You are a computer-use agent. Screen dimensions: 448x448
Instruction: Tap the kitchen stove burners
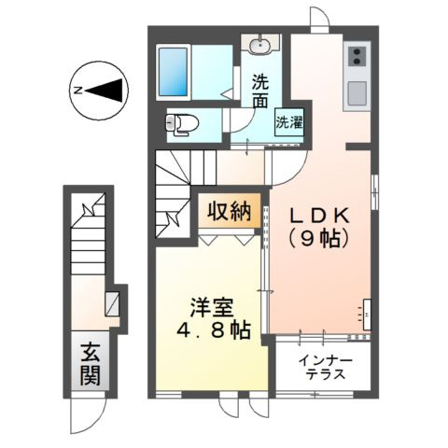[x=357, y=57]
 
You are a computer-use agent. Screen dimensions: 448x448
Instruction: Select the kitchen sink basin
[x=357, y=92]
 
